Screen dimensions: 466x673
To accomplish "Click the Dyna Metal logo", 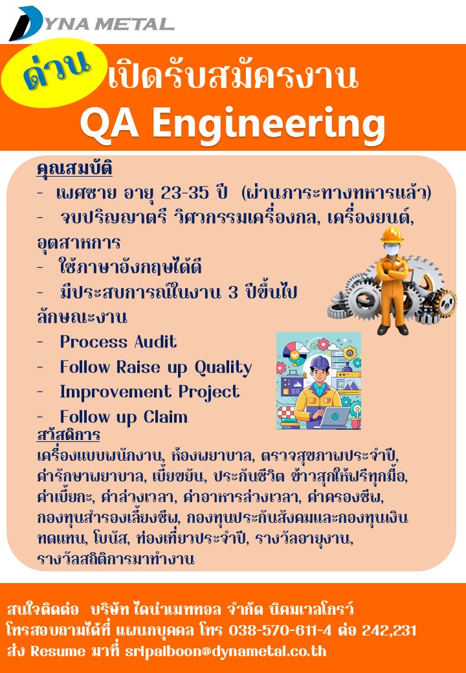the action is (91, 23).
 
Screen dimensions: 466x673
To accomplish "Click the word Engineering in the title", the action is (269, 124).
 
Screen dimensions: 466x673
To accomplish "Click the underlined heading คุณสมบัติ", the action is (74, 170).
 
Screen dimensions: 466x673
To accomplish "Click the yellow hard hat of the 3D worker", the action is (392, 234).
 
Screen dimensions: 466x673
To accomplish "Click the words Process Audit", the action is (118, 342).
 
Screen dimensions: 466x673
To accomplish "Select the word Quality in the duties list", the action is (223, 368).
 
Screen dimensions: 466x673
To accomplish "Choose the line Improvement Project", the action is (150, 393).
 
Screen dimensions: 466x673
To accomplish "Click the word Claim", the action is (165, 417).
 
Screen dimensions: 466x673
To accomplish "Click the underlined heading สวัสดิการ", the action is (69, 436).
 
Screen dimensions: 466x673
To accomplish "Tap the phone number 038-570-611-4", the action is (280, 630).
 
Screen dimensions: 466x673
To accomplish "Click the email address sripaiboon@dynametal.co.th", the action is (225, 652).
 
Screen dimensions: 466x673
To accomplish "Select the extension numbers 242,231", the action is (389, 630).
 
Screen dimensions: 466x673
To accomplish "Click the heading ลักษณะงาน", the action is (82, 318).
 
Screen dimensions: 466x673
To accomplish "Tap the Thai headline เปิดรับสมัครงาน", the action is (232, 76).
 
